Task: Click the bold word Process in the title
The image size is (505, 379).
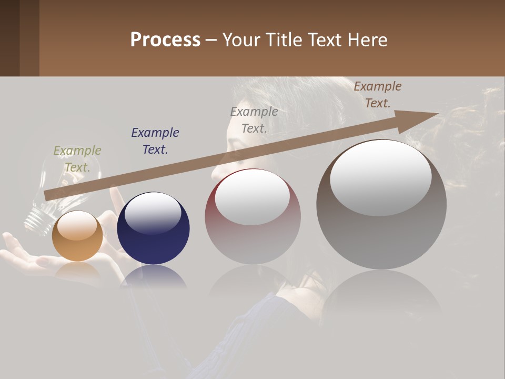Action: [165, 40]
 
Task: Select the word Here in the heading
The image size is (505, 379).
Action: [368, 40]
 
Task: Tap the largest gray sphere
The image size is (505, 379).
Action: [381, 221]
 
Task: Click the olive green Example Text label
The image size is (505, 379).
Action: [77, 159]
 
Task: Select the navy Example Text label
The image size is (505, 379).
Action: [155, 141]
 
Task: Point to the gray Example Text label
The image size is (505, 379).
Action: [254, 119]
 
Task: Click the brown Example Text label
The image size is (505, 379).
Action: [377, 95]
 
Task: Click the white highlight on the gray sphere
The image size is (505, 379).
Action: [381, 178]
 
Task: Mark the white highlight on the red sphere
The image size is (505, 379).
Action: [252, 196]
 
